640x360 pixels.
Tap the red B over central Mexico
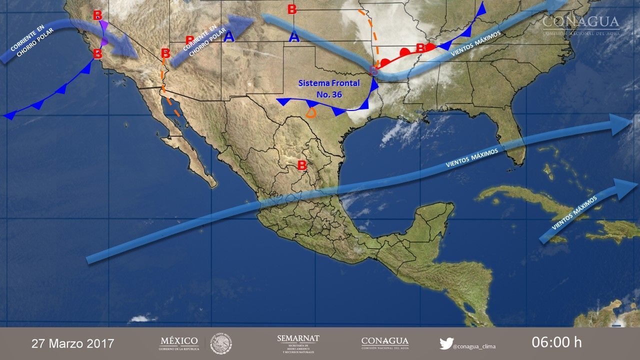click(x=302, y=165)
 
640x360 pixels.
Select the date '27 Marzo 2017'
click(x=73, y=343)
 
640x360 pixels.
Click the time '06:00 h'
click(x=556, y=342)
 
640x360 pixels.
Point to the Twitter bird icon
click(x=446, y=343)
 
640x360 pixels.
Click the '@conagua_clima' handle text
click(x=474, y=344)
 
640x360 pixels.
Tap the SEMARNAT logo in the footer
click(x=298, y=343)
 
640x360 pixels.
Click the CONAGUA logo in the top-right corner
click(x=581, y=24)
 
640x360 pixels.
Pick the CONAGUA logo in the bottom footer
click(x=384, y=343)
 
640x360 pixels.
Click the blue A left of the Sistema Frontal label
click(x=294, y=37)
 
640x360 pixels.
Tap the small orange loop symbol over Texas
click(x=311, y=112)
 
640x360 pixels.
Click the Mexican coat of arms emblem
click(x=221, y=343)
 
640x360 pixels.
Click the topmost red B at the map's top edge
click(x=292, y=9)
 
